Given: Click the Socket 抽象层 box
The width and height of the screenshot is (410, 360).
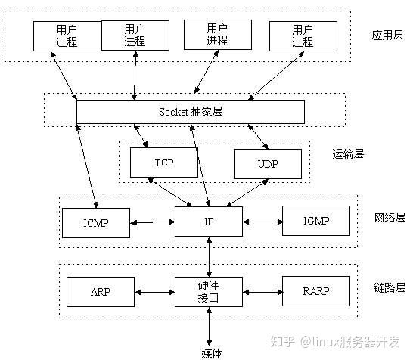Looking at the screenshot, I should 191,111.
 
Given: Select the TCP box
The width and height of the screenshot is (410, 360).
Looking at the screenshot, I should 164,163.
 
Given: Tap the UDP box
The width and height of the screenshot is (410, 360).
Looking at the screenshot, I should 267,163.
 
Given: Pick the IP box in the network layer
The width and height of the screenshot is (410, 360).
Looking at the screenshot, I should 209,222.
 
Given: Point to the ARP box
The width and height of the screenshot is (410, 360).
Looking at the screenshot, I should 101,291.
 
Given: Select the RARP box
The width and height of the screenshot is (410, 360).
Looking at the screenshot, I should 316,291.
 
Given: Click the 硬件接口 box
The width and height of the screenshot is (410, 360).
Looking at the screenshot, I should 209,291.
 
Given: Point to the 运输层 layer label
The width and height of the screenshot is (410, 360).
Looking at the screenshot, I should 348,154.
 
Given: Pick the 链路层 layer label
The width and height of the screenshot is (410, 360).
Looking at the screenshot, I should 390,287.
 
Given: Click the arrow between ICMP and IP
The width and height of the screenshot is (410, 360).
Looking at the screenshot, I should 153,222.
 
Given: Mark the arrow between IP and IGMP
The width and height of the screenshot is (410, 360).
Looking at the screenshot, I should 262,222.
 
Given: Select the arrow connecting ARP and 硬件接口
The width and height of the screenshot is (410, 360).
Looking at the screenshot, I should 155,291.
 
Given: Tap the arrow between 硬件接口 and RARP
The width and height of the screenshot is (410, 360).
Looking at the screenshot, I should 262,291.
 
